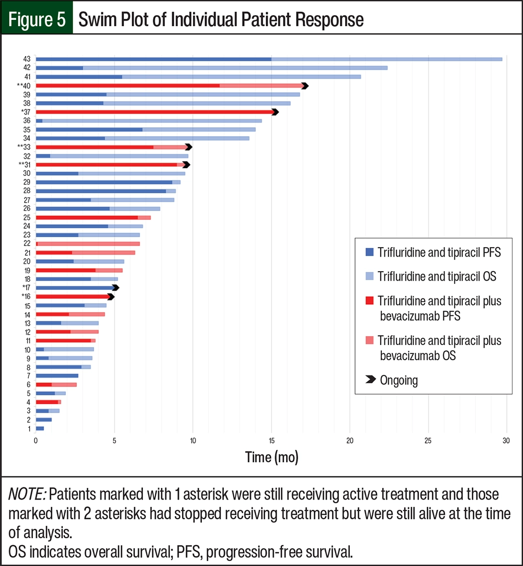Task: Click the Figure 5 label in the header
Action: tap(36, 19)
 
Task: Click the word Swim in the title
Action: tap(97, 19)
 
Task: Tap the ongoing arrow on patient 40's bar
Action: tap(305, 85)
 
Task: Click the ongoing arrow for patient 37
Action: tap(275, 112)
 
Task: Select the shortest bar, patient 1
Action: tap(40, 428)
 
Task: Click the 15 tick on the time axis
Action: tap(271, 441)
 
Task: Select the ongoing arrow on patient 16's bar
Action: tap(110, 296)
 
